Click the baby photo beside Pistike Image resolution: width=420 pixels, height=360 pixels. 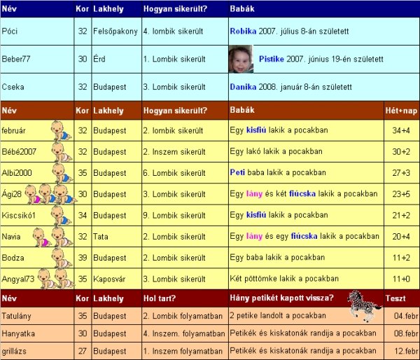tap(241, 59)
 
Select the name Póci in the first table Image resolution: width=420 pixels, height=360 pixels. tap(10, 32)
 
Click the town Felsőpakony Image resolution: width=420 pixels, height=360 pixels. tap(115, 32)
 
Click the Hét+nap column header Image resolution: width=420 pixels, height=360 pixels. tap(400, 111)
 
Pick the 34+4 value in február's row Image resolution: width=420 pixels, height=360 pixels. tap(400, 130)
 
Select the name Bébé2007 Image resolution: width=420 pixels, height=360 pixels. tap(19, 152)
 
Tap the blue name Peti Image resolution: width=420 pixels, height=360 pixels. tap(237, 172)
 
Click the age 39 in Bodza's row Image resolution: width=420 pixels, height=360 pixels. tap(83, 258)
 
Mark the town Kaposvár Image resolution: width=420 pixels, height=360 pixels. tap(111, 279)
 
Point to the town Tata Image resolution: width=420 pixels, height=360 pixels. tap(101, 237)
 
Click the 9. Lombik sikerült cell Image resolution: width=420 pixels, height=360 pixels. tap(173, 215)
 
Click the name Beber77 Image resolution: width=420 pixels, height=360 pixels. tap(15, 60)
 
